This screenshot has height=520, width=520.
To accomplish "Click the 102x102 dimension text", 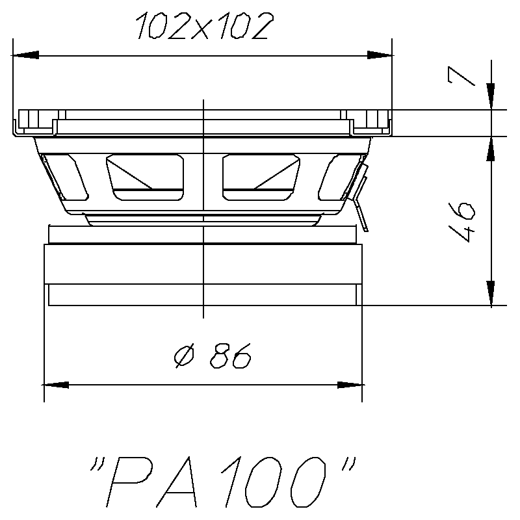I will coord(201,27).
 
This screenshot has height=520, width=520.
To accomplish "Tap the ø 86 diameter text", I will coord(212,356).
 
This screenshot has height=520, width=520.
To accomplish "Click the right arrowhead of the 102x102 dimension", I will coord(380,57).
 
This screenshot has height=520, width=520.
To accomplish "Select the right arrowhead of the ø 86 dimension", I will coord(350,384).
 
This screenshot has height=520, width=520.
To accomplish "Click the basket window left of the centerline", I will coord(145,175).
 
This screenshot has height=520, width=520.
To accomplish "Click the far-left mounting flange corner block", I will coord(30,121).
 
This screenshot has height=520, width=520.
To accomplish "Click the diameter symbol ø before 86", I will coord(183,357).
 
